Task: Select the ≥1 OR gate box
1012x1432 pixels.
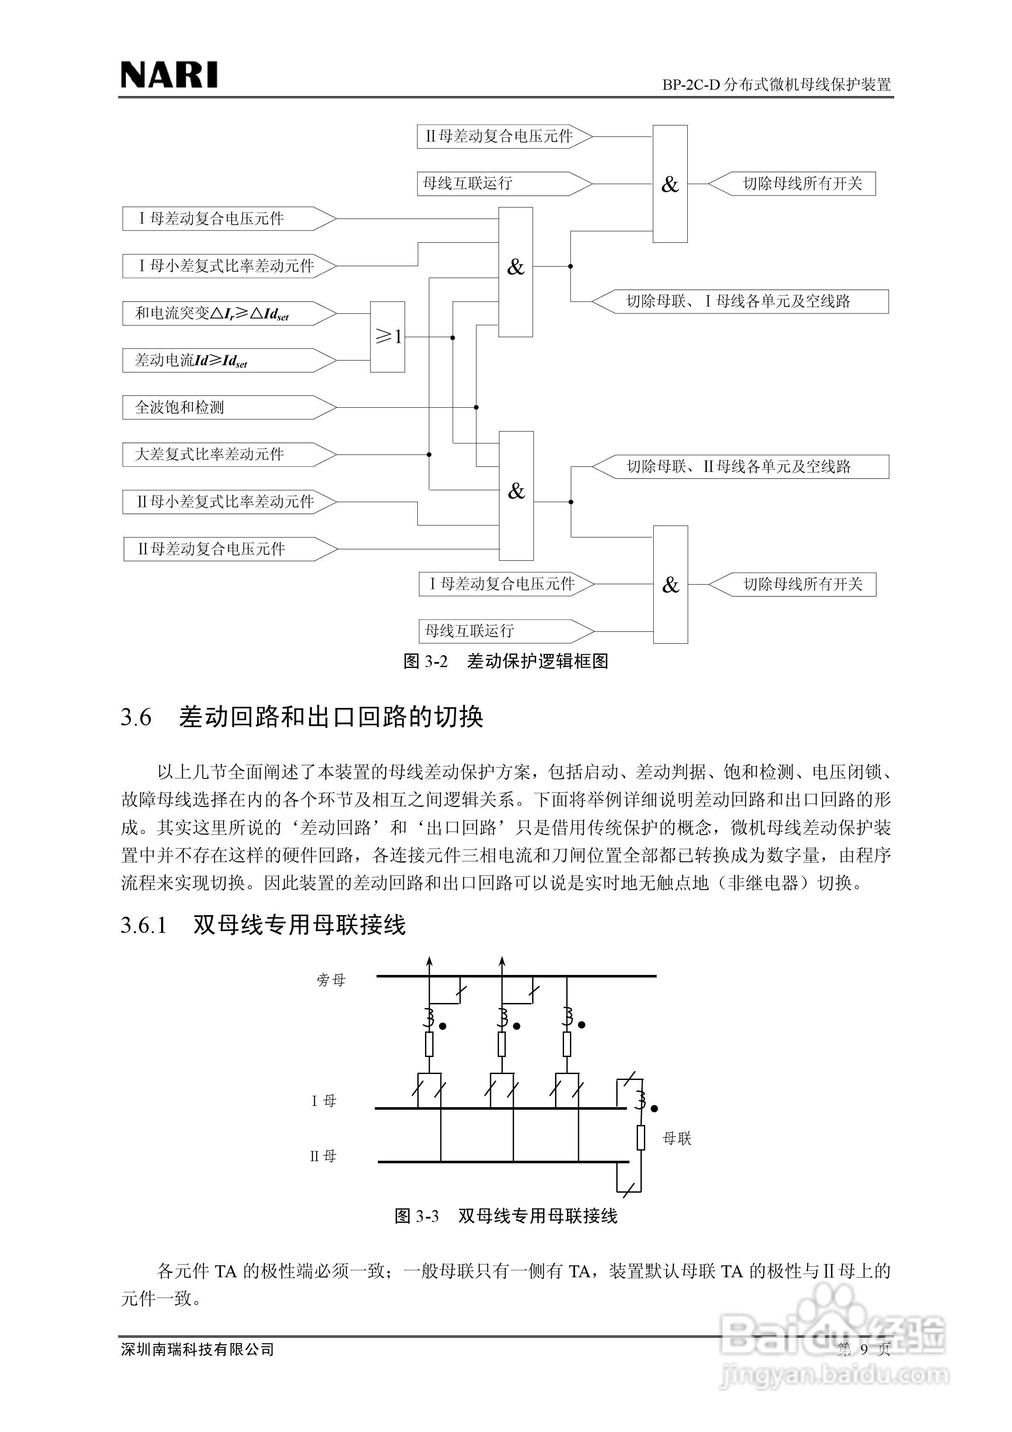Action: pos(387,337)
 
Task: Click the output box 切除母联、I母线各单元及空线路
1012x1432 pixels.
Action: pos(739,301)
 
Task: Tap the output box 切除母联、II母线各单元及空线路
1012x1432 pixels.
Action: pos(739,466)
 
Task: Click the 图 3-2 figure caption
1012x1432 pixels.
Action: pos(506,661)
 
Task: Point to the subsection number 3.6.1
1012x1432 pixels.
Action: pos(144,925)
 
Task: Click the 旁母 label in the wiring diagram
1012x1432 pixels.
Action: pos(331,980)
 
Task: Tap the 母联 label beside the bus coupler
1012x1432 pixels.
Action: pos(677,1138)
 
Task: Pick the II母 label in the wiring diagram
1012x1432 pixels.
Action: pos(323,1156)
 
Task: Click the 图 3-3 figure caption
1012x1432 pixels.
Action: pos(506,1216)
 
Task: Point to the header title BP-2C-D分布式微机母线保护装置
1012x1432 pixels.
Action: pos(776,84)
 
